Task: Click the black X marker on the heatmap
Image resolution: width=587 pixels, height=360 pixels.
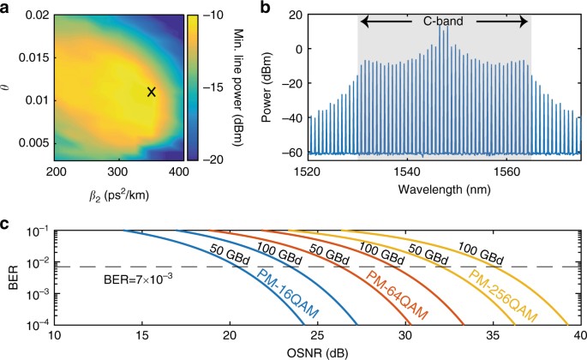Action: coord(152,92)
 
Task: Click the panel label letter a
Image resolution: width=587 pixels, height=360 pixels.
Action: coord(8,7)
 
